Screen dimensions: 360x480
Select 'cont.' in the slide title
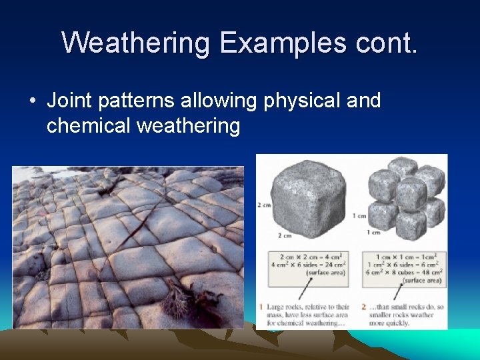(x=385, y=43)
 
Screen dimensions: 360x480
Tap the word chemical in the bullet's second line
(x=89, y=125)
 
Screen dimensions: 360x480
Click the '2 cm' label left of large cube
(x=263, y=204)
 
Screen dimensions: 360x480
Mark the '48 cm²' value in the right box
(x=426, y=273)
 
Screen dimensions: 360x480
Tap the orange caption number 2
(x=363, y=307)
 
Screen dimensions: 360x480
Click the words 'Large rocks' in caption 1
(x=281, y=307)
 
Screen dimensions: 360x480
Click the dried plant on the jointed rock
(x=183, y=300)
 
